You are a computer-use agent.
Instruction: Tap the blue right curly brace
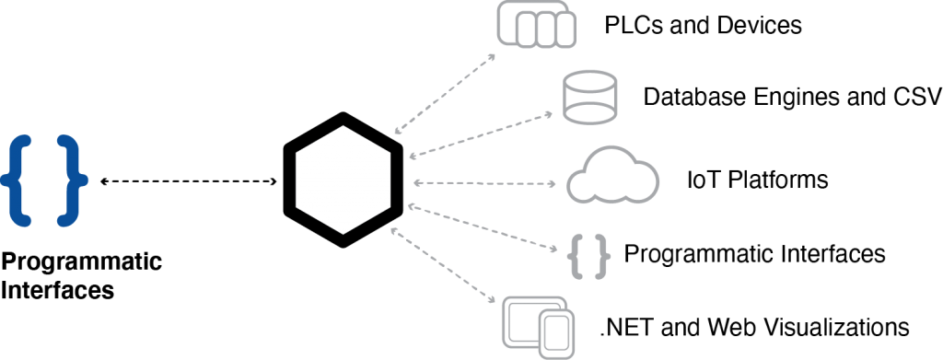[71, 180]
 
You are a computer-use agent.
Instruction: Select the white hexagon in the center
[343, 180]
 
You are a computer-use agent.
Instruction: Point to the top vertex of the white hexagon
[343, 127]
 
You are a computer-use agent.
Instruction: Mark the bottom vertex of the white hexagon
[343, 234]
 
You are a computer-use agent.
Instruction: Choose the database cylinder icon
[589, 98]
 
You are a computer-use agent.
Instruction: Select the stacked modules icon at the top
[536, 25]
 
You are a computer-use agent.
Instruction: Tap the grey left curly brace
[577, 257]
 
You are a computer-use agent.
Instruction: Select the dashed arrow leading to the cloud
[483, 183]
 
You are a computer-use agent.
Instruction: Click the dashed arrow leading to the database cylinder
[481, 135]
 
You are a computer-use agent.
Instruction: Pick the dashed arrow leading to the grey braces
[481, 227]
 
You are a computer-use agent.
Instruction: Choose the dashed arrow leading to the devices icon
[444, 265]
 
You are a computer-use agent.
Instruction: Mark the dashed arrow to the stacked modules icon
[444, 94]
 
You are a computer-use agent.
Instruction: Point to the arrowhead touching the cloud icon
[553, 184]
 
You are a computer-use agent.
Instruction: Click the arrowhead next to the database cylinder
[550, 115]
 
